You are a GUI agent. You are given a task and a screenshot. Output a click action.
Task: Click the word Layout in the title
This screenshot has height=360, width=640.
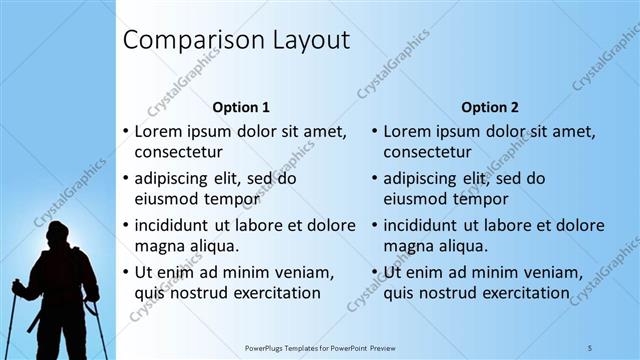pos(304,41)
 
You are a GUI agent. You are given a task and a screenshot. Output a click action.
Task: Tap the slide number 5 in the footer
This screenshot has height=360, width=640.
pos(590,348)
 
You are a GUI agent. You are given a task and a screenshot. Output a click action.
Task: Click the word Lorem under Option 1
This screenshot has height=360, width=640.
pos(158,131)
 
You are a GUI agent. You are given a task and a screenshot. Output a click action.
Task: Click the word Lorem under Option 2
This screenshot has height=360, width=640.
pos(407,131)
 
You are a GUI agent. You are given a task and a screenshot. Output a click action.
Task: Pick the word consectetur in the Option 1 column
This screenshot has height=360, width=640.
pos(178,152)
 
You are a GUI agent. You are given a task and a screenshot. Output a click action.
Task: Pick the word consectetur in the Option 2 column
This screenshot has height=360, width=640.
pos(427,152)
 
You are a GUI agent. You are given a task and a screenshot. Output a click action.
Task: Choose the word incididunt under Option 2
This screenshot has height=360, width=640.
pos(428,225)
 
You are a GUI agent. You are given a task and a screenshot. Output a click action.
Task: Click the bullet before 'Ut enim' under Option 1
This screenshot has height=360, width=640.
pos(125,272)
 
